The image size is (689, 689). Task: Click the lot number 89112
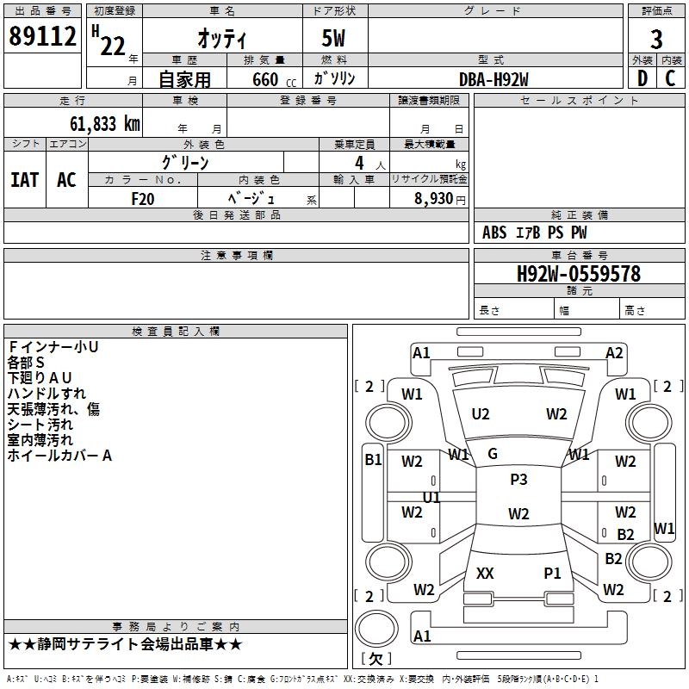[42, 36]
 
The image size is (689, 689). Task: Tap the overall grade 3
[656, 40]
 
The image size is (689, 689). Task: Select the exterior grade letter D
[642, 78]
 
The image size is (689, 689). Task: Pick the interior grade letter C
[670, 78]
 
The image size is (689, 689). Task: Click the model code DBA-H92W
[493, 79]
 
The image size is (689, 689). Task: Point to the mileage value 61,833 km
[105, 123]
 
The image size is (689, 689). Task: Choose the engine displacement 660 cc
[274, 79]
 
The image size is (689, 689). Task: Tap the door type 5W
[333, 38]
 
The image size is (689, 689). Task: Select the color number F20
[143, 199]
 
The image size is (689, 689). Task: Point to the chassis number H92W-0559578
[579, 273]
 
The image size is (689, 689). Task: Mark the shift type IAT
[25, 180]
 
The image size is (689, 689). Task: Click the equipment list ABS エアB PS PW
[534, 232]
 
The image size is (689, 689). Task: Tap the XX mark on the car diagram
[485, 573]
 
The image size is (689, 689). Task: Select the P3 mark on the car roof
[518, 479]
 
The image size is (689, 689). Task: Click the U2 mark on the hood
[481, 414]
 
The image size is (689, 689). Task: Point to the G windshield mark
[493, 454]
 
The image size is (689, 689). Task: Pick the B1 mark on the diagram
[373, 460]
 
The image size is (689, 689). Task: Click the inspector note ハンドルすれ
[47, 394]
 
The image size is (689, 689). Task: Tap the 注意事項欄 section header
[237, 255]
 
